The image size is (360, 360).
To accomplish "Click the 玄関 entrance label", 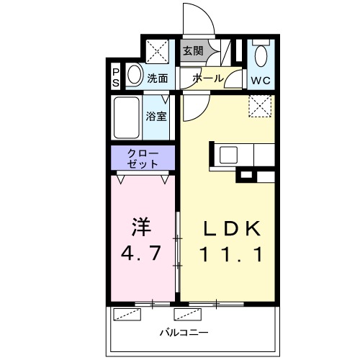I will click(x=192, y=51).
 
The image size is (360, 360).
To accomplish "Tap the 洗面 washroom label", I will click(x=158, y=78).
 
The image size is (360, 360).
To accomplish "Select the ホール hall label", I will click(x=207, y=78).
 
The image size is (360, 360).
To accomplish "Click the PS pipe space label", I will click(x=116, y=77).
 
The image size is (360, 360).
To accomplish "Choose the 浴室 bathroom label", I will click(x=158, y=116).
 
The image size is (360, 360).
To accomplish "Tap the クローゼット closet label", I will click(x=143, y=158).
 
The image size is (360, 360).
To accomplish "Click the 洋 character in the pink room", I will click(x=141, y=226).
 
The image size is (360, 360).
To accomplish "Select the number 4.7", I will click(x=141, y=253).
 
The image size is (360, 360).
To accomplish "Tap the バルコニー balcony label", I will click(x=184, y=333).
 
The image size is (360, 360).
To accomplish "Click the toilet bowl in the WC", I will click(x=261, y=55).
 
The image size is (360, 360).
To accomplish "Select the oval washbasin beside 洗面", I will click(x=135, y=76).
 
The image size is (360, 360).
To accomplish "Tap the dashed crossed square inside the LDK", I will click(x=259, y=106).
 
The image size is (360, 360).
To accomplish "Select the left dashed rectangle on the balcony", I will click(x=127, y=315).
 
